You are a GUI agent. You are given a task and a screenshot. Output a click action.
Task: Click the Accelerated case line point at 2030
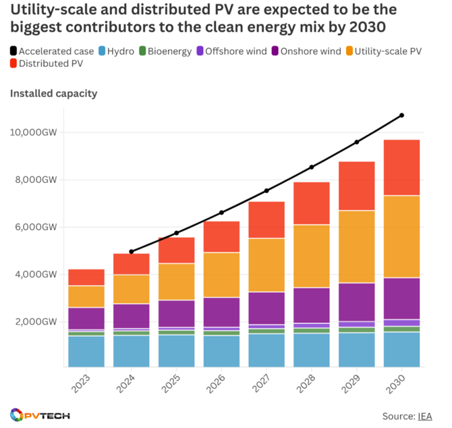pos(402,115)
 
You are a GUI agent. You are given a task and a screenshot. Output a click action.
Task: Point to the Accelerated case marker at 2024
pos(131,251)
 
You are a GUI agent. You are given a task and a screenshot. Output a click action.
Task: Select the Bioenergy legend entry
pos(166,51)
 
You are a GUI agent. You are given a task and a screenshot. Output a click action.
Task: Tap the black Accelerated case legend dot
pos(14,51)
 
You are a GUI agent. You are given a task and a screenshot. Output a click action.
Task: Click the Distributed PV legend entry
pos(45,64)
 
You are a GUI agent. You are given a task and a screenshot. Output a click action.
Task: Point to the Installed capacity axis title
pos(53,93)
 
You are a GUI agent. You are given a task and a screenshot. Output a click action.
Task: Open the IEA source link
pos(425,416)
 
